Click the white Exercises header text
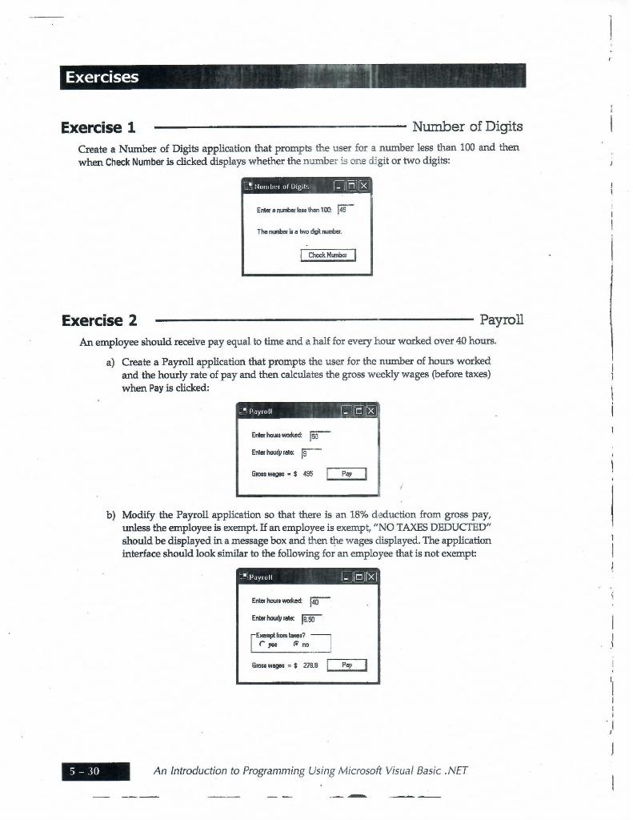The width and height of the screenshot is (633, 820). coord(102,77)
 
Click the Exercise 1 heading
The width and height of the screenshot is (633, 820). coord(98,128)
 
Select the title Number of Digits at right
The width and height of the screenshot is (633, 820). coord(467,127)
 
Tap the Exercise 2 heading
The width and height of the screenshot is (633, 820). coord(99,321)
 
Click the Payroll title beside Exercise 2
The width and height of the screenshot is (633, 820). coord(501,320)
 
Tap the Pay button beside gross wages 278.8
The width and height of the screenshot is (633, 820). coord(347,665)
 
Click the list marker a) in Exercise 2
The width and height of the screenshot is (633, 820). coord(110,362)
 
